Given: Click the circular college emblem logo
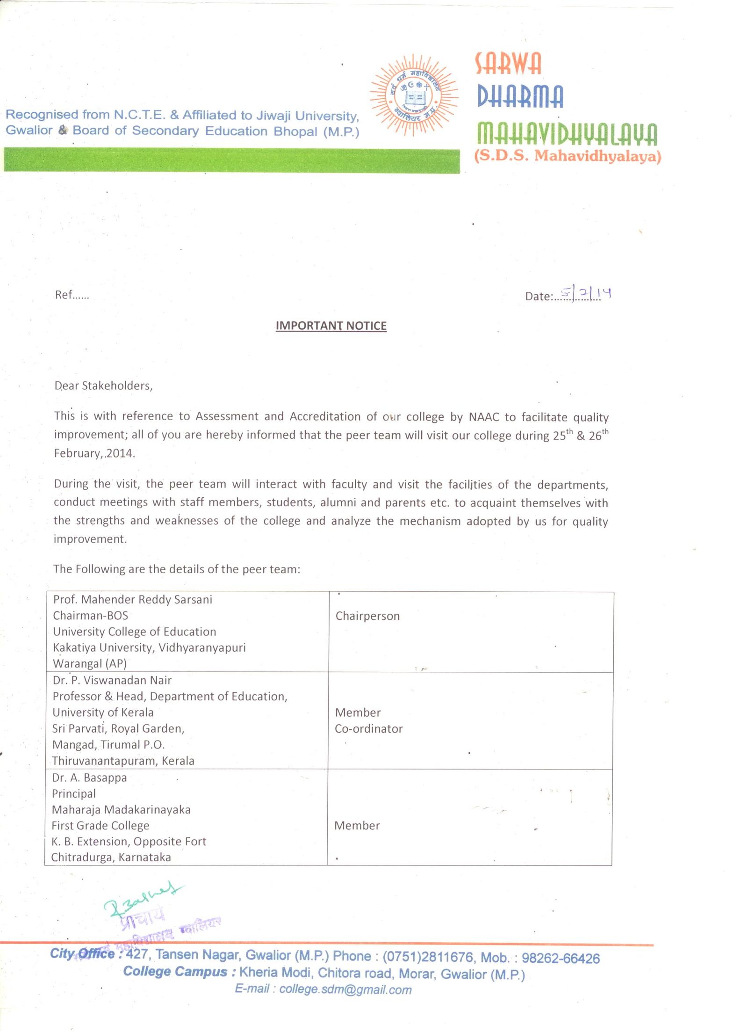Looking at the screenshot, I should click(x=414, y=95).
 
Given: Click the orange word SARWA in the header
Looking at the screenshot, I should click(x=508, y=64).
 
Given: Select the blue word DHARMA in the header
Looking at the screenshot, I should click(x=520, y=96).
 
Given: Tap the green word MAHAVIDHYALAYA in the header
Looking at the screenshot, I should click(x=567, y=134).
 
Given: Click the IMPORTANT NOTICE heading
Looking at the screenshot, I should click(x=331, y=326).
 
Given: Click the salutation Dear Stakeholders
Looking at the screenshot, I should click(x=103, y=385).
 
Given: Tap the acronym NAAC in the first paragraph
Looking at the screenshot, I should click(x=484, y=417).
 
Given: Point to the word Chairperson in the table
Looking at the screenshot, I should click(x=367, y=616).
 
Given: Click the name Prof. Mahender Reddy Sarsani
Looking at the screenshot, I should click(x=133, y=600).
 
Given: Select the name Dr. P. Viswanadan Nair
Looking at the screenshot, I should click(x=112, y=680).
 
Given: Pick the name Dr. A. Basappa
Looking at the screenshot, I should click(x=89, y=778).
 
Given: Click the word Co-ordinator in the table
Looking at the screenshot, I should click(x=369, y=728).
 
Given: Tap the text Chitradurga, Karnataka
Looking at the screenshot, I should click(x=111, y=857).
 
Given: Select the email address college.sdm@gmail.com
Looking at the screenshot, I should click(x=345, y=989).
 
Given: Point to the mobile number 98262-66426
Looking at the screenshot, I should click(x=560, y=958).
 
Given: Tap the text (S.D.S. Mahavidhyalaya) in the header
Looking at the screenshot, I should click(x=568, y=156).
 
